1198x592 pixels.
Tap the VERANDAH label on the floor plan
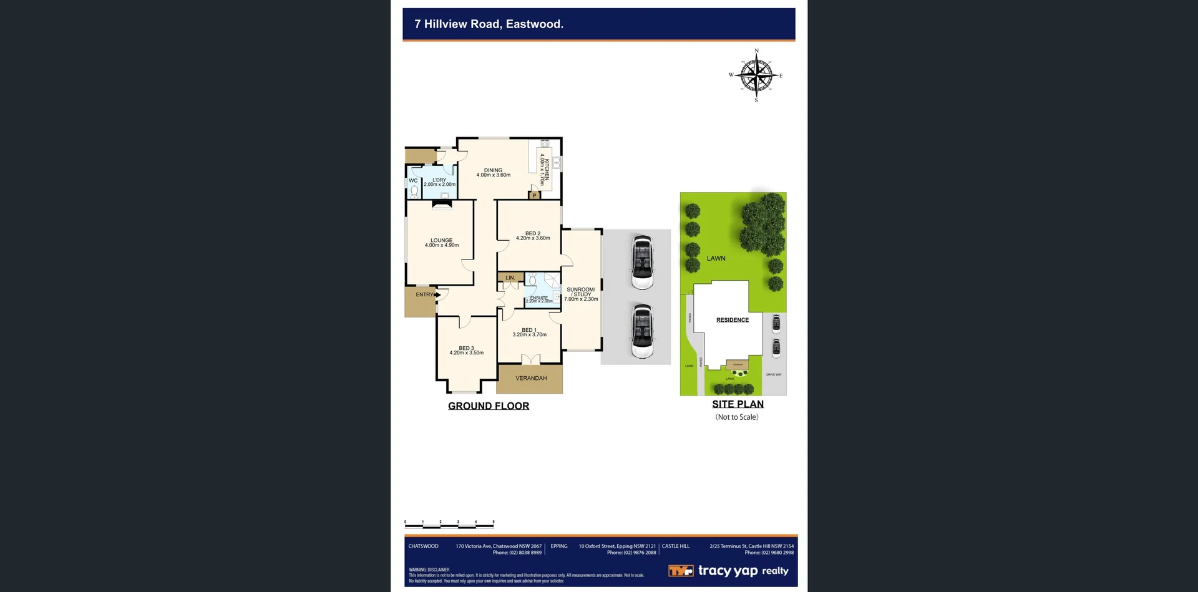[531, 379]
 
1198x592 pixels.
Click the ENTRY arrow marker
[438, 294]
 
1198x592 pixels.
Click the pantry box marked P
[534, 195]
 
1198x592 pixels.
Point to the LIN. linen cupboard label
[510, 278]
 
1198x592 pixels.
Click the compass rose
[756, 75]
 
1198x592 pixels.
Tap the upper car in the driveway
[642, 263]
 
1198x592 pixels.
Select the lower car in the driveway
[642, 331]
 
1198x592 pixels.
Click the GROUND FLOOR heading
[489, 406]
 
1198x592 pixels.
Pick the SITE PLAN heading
[738, 404]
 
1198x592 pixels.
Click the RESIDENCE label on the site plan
[733, 320]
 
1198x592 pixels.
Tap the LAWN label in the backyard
[716, 258]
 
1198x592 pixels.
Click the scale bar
[449, 524]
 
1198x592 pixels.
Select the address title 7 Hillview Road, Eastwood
[489, 24]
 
